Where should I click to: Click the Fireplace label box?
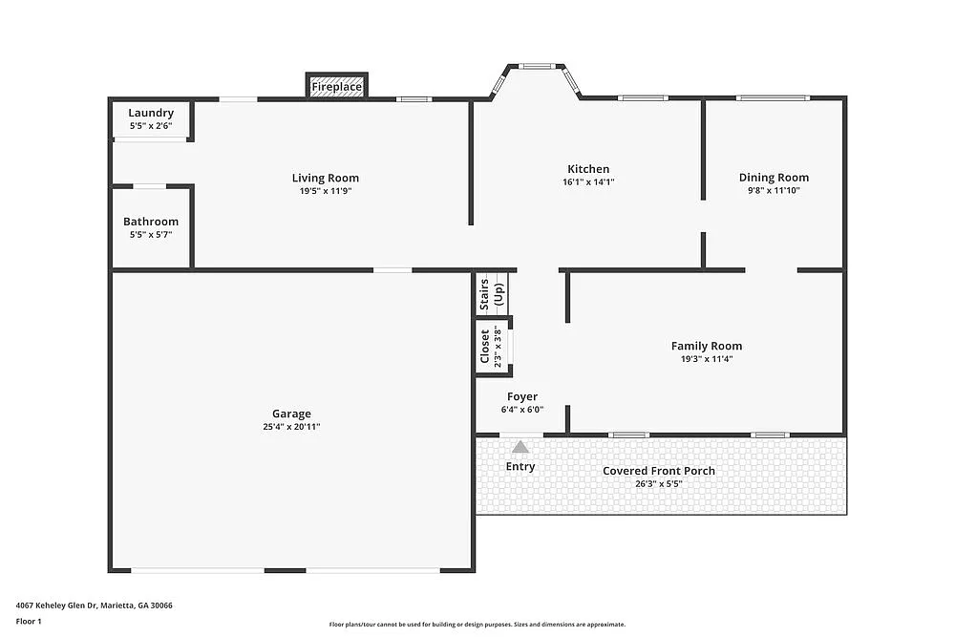tap(336, 87)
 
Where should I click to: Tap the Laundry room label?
tap(151, 113)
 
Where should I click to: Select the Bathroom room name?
tap(151, 222)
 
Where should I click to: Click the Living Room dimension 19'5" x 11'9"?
tap(326, 191)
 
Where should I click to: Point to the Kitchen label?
tap(587, 169)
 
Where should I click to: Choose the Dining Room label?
tap(774, 177)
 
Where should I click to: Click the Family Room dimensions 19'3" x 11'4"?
tap(707, 359)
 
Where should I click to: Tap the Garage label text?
tap(291, 414)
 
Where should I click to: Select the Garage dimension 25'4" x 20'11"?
tap(291, 427)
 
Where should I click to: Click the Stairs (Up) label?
tap(491, 294)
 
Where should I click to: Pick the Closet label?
tap(485, 346)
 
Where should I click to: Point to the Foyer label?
tap(522, 396)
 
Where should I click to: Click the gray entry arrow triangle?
tap(520, 446)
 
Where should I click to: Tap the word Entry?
tap(520, 467)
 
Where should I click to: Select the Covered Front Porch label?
tap(659, 471)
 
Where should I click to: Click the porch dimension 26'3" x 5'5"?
tap(659, 484)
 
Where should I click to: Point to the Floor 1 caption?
tap(29, 621)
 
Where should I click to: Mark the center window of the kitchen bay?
tap(536, 66)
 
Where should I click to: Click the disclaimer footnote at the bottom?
tap(477, 624)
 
